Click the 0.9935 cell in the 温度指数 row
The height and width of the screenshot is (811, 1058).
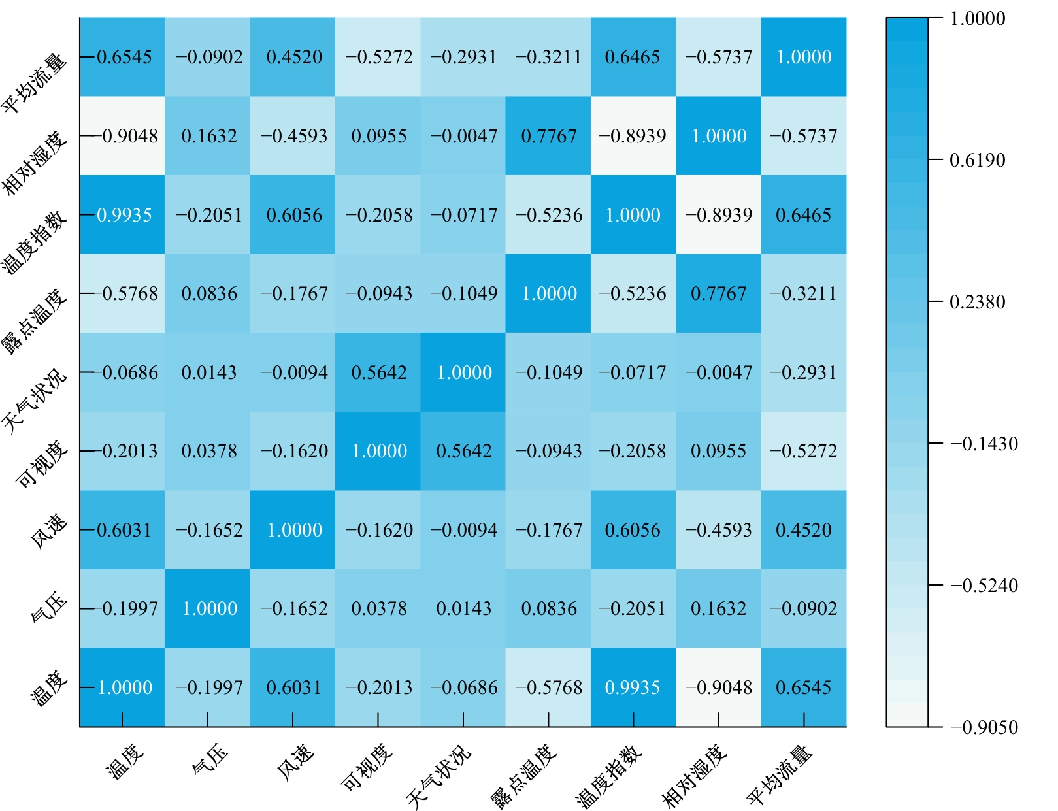coord(124,215)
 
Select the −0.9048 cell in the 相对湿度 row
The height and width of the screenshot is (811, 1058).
coord(124,136)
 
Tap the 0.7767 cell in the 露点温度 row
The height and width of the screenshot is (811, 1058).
coord(718,293)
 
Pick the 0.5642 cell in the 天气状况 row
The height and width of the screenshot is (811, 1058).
coord(378,372)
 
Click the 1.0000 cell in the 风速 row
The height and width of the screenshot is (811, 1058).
coord(294,530)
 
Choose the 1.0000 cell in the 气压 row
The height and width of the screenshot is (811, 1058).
coord(209,608)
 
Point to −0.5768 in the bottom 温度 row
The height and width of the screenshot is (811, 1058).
coord(548,687)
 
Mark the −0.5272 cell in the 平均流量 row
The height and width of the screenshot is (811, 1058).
coord(378,57)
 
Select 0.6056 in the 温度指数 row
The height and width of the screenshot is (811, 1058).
coord(294,215)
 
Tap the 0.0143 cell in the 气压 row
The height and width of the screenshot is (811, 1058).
coord(463,608)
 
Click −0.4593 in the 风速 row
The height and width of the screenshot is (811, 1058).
coord(718,530)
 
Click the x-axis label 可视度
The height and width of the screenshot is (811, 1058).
coord(367,767)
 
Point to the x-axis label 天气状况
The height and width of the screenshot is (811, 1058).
coord(437,776)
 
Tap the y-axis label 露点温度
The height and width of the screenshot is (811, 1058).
coord(35,322)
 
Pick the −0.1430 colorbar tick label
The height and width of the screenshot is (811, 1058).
coord(984,444)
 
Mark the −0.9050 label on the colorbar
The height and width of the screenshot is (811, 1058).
coord(984,727)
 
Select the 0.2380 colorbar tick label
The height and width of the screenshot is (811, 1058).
coord(977,302)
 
